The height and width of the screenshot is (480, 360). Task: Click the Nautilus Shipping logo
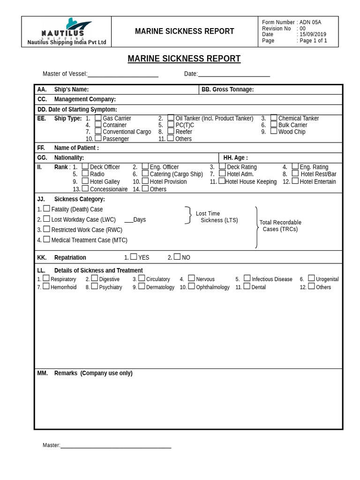point(66,29)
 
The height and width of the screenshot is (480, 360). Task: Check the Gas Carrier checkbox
point(98,118)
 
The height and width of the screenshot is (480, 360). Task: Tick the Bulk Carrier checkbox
point(274,125)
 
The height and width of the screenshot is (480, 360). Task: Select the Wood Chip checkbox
point(274,131)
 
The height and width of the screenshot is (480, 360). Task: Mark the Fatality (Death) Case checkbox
point(46,209)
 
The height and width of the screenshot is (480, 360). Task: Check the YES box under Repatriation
point(134,257)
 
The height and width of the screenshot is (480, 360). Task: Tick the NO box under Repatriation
point(177,257)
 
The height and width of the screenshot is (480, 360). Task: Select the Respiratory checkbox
point(46,278)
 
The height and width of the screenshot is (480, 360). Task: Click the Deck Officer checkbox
point(85,166)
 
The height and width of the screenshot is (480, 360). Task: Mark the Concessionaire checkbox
point(85,188)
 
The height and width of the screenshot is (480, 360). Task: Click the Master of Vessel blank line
point(123,74)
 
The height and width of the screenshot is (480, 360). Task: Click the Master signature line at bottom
point(116,445)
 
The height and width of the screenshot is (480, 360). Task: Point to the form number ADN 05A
point(310,22)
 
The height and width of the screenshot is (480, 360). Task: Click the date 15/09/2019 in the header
point(313,35)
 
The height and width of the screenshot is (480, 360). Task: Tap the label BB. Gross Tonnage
point(227,90)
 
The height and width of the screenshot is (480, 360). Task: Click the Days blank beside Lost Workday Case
point(128,220)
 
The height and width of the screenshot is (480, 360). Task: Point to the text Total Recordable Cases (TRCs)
point(280,225)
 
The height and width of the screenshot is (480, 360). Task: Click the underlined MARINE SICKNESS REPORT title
point(184,59)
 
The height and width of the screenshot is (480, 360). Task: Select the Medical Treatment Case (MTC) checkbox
point(46,240)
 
